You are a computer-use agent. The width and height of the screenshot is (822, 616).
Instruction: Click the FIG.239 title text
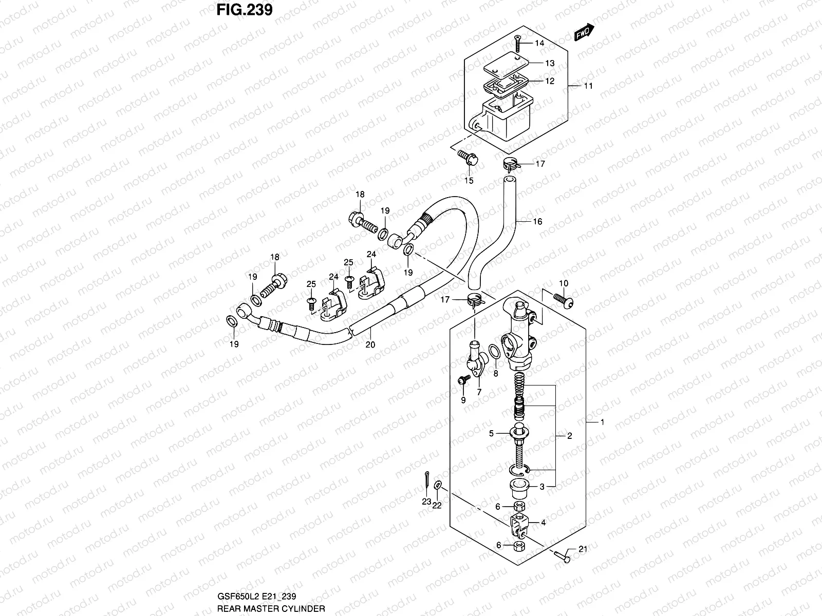[240, 10]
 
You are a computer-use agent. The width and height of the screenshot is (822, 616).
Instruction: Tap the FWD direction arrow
[584, 33]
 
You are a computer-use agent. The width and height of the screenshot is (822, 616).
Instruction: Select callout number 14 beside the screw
[539, 43]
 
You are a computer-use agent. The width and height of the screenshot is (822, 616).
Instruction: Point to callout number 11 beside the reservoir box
[588, 86]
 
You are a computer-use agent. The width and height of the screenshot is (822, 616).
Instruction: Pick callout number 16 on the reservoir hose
[537, 222]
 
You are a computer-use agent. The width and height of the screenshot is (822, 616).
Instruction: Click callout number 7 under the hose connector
[479, 392]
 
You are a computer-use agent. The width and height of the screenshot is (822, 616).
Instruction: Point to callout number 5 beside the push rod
[491, 433]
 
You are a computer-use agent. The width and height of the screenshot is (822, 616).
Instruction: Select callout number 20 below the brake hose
[370, 345]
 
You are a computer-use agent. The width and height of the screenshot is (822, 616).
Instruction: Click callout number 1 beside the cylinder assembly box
[602, 422]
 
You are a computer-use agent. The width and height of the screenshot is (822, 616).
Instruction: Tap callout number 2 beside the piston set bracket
[569, 436]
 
